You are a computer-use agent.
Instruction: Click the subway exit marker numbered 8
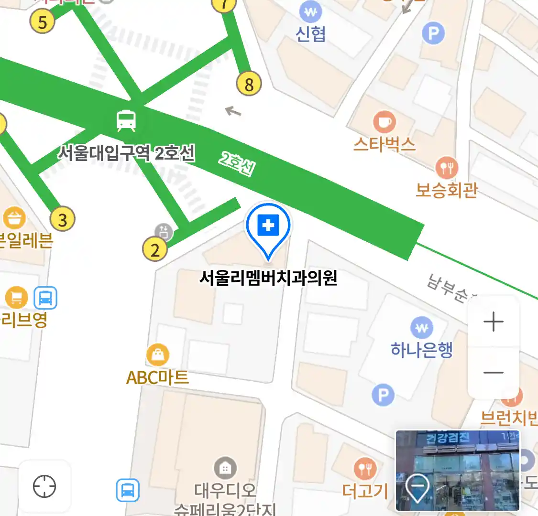coord(249,84)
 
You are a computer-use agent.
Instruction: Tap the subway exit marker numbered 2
coord(155,249)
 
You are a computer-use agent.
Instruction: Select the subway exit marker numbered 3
coord(63,220)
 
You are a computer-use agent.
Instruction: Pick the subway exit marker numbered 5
coord(43,22)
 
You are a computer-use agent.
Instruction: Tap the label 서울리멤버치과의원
coord(268,278)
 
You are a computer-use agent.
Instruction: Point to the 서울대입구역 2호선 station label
coord(127,153)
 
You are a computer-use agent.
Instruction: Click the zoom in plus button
coord(493,322)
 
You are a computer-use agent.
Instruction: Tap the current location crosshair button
coord(44,486)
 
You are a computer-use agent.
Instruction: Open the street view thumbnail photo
coord(457,470)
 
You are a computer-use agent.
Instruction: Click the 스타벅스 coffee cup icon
coord(384,122)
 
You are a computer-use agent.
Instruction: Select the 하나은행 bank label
coord(421,350)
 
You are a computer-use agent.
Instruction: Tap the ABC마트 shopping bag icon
coord(158,355)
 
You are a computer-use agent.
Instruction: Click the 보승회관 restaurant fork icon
coord(447,167)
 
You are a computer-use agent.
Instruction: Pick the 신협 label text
coord(311,34)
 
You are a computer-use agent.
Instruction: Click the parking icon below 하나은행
coord(383,395)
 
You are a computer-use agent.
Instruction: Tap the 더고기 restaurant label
coord(365,491)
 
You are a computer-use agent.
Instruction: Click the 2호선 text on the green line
coord(237,164)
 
